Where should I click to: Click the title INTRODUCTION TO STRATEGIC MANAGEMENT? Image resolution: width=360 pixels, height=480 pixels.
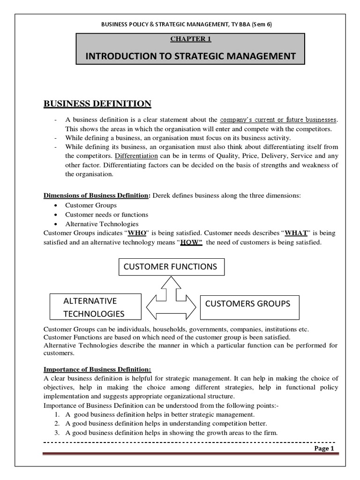click(190, 56)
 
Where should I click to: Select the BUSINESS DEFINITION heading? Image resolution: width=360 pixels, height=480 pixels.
click(97, 103)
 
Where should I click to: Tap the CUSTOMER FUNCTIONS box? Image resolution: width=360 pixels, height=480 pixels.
click(170, 267)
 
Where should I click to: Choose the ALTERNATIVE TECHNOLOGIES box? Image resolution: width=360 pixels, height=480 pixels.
click(96, 307)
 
